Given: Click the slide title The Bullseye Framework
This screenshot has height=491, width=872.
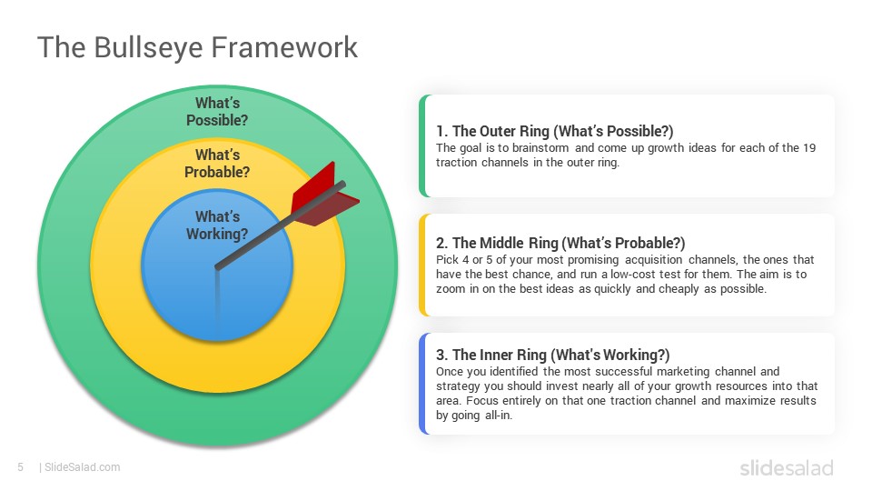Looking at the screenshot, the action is tap(197, 48).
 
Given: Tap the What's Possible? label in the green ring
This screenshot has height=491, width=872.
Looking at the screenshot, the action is tap(217, 111).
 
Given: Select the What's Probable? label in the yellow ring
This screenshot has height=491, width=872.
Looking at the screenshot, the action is tap(217, 163).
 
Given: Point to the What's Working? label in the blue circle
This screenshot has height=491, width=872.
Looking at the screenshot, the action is tap(217, 225).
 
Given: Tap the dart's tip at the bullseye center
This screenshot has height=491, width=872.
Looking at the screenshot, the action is tap(217, 267).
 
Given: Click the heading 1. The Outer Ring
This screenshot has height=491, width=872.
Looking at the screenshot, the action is tap(554, 131).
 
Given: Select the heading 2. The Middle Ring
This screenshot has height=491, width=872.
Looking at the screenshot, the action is tap(560, 244).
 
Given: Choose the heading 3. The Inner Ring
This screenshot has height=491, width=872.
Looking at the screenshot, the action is tap(553, 356).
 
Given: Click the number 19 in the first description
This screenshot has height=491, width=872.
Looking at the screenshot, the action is tap(809, 148).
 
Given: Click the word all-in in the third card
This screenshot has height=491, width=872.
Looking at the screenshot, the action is tap(498, 416).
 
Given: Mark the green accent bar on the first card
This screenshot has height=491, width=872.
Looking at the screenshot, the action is tap(423, 145).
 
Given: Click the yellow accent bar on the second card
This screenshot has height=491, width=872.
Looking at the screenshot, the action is tap(423, 265).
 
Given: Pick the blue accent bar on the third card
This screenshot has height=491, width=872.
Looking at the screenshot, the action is tap(423, 384).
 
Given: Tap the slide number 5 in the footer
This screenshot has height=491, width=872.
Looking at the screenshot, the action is tap(21, 467).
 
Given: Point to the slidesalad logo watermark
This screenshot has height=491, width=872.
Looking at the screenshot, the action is tap(787, 467).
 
